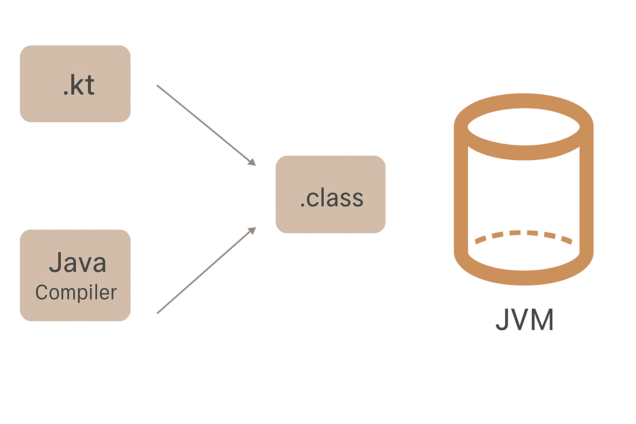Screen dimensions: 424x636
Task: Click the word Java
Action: coord(78,263)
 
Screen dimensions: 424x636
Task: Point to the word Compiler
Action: coord(76,292)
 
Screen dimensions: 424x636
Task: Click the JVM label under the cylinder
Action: coord(525,319)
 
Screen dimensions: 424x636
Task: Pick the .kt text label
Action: coord(79,85)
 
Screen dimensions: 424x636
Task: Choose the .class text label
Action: coord(332,198)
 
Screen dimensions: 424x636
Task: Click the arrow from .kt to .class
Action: coord(203,123)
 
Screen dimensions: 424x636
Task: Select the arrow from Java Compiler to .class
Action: coord(203,272)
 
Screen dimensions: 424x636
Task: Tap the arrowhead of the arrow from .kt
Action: coord(252,162)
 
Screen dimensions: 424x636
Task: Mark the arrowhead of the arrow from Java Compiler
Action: coord(252,231)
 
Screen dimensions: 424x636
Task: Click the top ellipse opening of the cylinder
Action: coord(523,127)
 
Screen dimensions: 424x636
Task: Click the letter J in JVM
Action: coord(502,319)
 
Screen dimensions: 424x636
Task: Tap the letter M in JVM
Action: coord(542,319)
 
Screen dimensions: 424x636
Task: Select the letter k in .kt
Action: coord(77,85)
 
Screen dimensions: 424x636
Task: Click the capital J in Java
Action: coord(56,263)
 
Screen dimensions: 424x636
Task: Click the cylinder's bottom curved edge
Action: coord(523,277)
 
